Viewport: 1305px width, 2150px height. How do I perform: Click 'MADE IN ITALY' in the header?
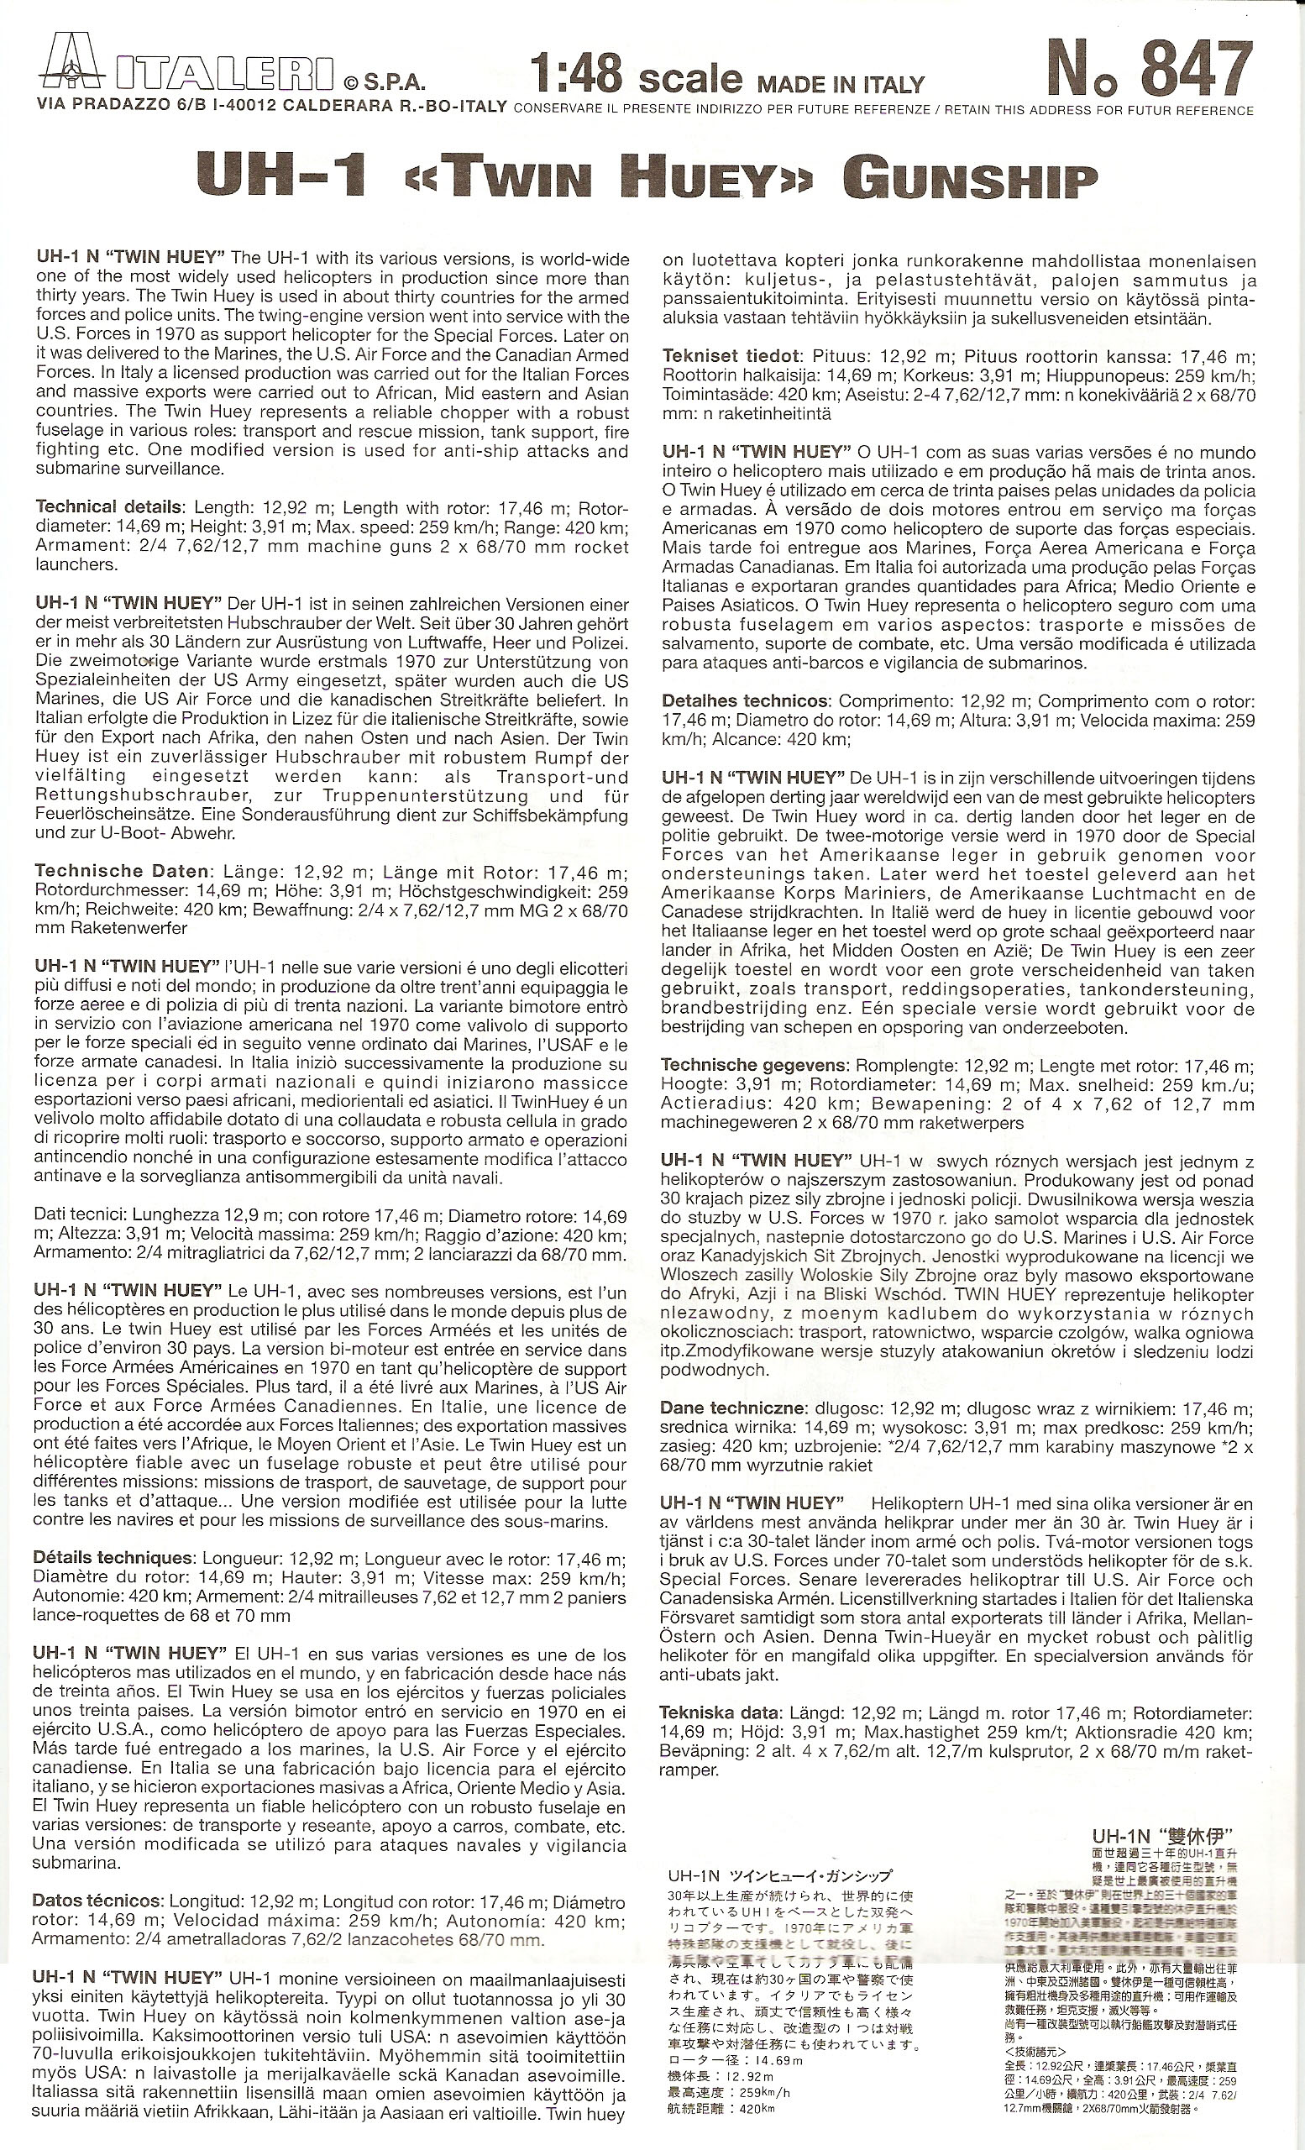(840, 85)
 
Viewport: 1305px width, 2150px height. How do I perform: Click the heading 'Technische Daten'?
(122, 870)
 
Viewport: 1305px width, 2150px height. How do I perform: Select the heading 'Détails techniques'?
(113, 1558)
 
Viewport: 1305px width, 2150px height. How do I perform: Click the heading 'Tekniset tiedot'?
(731, 356)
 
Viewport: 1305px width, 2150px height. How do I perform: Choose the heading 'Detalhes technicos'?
(744, 700)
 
